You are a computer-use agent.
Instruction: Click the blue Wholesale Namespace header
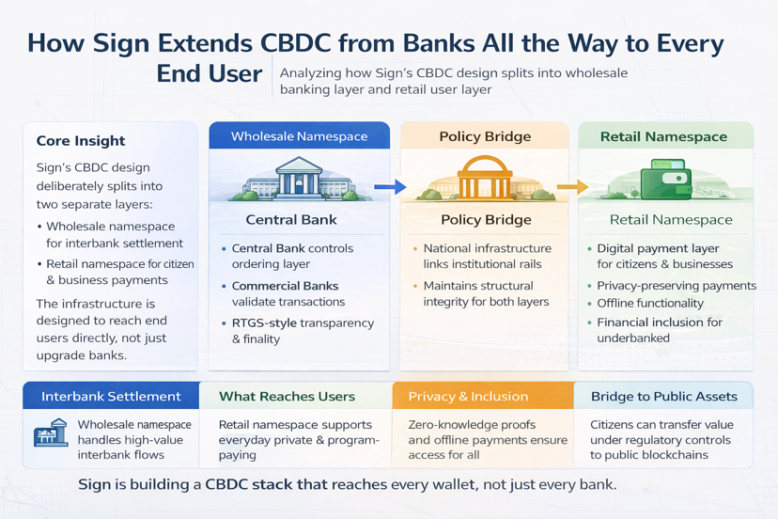299,136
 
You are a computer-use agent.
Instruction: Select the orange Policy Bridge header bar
485,136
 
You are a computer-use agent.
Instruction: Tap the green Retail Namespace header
663,136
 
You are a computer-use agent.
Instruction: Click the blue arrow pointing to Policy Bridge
389,188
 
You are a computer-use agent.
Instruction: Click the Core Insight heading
81,141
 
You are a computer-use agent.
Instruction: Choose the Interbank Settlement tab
111,396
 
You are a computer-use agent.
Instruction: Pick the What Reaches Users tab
287,396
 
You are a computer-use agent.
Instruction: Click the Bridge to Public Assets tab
663,396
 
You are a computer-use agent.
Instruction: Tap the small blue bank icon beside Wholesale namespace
50,435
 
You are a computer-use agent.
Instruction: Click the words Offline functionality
650,304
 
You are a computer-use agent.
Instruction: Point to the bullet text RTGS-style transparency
303,323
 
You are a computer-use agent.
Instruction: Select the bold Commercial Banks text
285,286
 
